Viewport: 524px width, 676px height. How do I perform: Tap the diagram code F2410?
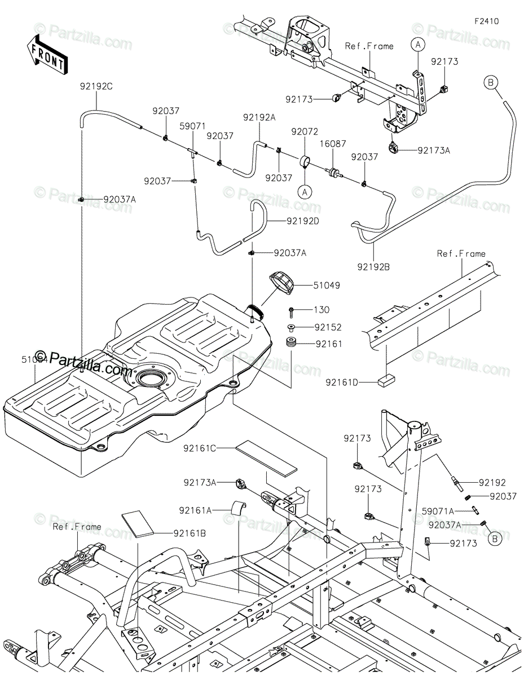486,21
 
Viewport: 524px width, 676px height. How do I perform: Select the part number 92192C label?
96,87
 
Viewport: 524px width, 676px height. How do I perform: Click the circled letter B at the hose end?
490,83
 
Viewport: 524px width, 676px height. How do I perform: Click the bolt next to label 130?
292,310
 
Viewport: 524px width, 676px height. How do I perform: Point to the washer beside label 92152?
291,327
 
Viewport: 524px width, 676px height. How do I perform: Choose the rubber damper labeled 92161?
291,343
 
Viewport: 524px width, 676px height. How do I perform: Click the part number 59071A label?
454,512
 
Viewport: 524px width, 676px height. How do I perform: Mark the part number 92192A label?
259,117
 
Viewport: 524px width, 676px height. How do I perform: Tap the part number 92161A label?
196,510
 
